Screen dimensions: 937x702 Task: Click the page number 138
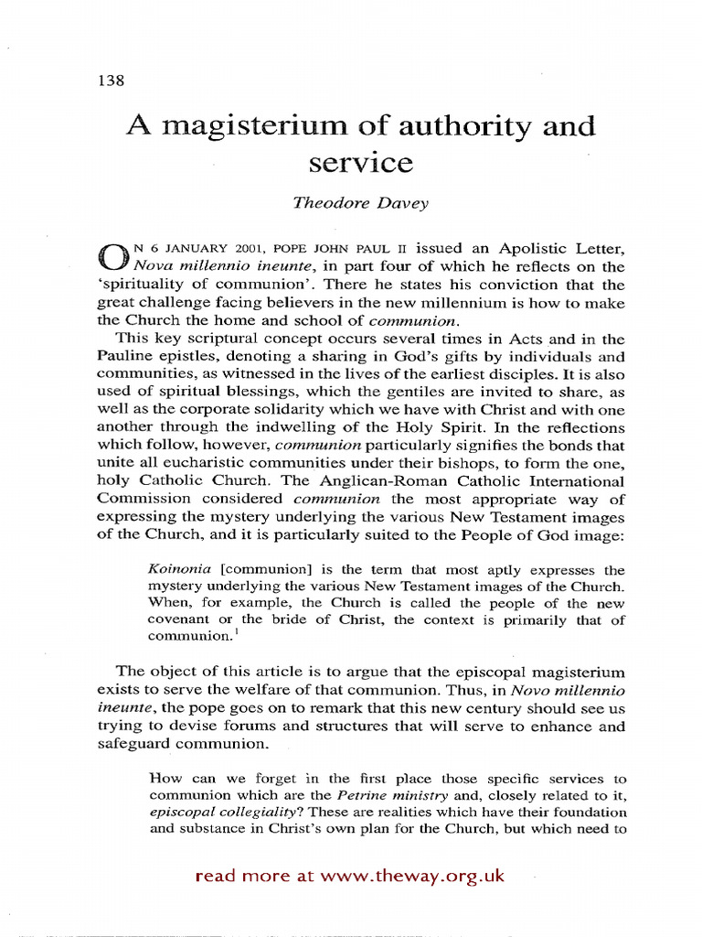coord(111,80)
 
